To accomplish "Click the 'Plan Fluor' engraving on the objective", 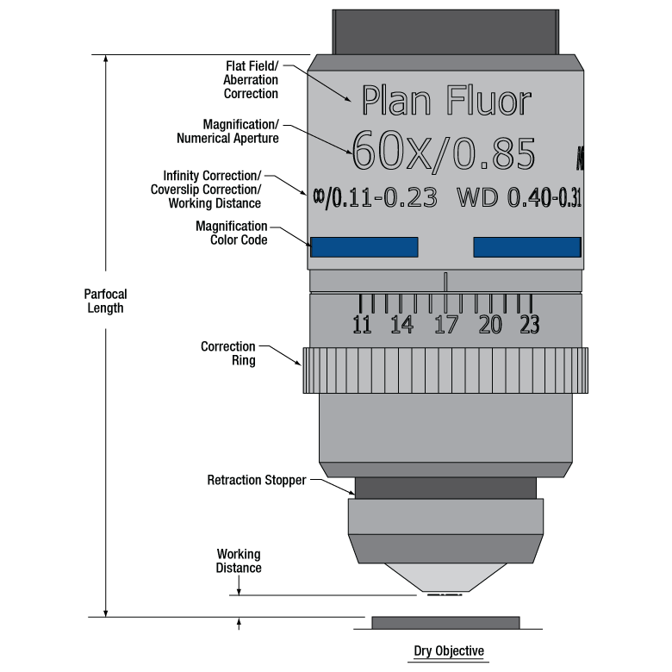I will coord(445,101).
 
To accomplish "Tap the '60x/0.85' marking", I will coord(444,152).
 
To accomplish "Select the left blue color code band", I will coord(364,247).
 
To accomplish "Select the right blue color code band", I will coord(526,247).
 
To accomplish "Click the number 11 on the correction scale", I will coord(363,325).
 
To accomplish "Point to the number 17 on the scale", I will coord(445,325).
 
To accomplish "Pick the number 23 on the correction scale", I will coord(529,325).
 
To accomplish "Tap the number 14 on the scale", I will coord(401,325).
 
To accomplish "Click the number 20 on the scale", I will coord(489,325).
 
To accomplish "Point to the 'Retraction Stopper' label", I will coord(257,480).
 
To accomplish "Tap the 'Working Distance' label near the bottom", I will coord(239,561).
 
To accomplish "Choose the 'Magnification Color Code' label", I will coord(231,233).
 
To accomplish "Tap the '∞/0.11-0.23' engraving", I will coord(373,198).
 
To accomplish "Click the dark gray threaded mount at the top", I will coord(445,31).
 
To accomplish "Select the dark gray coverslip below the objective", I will coord(445,623).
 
